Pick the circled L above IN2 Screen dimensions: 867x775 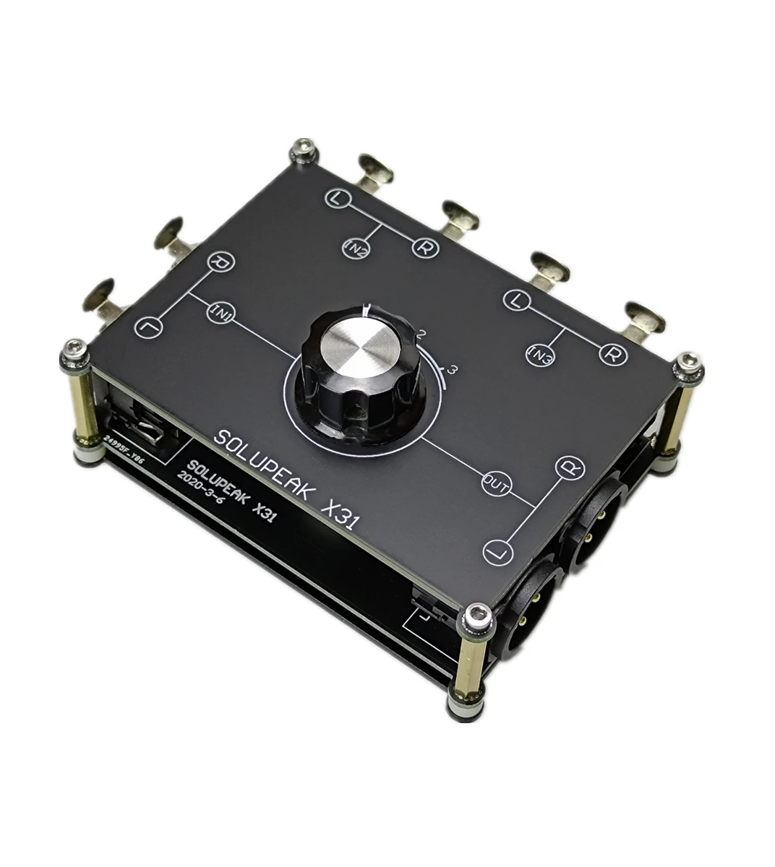pyautogui.click(x=336, y=197)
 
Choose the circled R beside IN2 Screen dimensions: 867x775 pyautogui.click(x=424, y=248)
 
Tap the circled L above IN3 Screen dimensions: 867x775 pyautogui.click(x=515, y=300)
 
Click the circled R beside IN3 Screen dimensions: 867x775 pyautogui.click(x=612, y=355)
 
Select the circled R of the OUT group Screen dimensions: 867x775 pyautogui.click(x=569, y=467)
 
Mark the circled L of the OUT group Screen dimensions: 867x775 pyautogui.click(x=500, y=551)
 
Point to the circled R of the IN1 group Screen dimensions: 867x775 pyautogui.click(x=218, y=262)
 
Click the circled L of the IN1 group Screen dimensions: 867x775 pyautogui.click(x=147, y=327)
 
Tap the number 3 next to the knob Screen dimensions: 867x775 pyautogui.click(x=453, y=370)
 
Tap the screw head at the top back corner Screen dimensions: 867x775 pyautogui.click(x=304, y=152)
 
